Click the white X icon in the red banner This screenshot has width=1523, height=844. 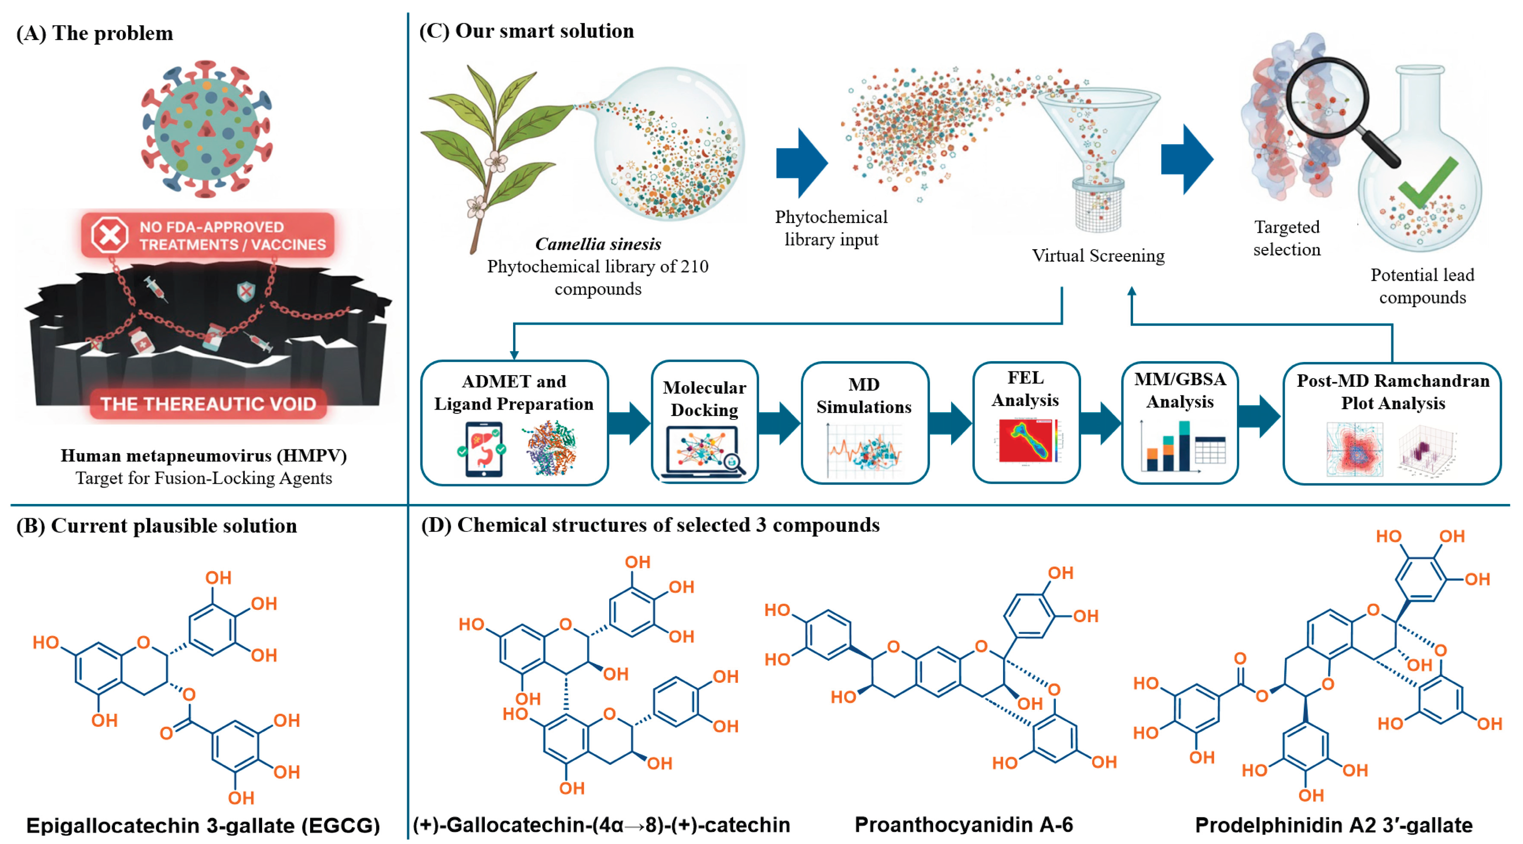click(x=109, y=236)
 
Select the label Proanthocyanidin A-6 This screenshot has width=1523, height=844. click(x=963, y=825)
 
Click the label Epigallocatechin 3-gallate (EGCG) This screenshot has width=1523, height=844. click(x=203, y=825)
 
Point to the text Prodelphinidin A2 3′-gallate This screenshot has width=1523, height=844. click(x=1333, y=825)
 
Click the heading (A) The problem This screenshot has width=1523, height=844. click(x=94, y=33)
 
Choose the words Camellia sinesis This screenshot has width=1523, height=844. click(x=598, y=244)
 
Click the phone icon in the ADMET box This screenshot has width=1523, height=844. click(x=483, y=449)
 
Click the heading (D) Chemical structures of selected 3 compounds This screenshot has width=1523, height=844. click(x=650, y=525)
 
